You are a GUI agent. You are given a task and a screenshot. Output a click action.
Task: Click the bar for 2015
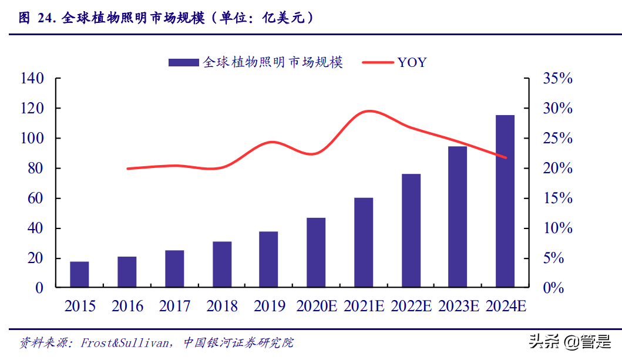79,275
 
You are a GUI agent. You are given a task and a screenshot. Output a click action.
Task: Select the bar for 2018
222,265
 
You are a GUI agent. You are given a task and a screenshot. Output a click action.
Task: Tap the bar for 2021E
364,243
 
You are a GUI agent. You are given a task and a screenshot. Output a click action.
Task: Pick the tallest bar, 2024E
505,201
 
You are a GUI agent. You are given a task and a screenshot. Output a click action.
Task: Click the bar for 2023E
458,217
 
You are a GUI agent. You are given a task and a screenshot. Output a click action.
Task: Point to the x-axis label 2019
270,306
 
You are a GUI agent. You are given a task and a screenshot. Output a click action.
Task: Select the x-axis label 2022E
411,306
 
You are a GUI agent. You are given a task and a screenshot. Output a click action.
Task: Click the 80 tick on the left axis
35,169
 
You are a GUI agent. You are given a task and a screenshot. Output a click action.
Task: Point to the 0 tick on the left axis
39,288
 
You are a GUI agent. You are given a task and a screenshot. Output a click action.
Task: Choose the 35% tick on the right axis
556,79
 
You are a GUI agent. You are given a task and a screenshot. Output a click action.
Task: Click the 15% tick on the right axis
556,198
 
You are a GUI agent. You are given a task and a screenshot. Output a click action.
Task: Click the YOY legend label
412,62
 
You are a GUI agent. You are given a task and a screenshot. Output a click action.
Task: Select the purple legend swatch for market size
183,62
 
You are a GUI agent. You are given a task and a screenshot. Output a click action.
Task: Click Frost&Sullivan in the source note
123,342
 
